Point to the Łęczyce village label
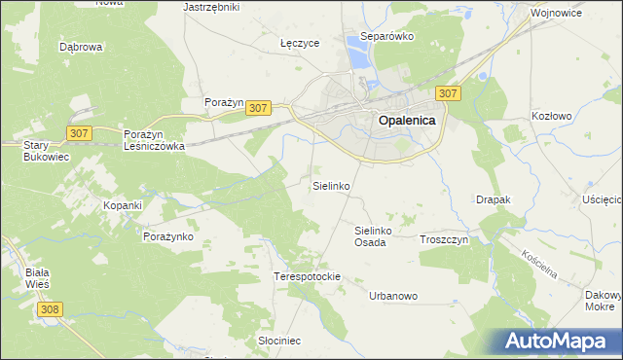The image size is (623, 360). point(300,44)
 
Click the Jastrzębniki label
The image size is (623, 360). point(211,6)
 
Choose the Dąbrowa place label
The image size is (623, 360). point(81,46)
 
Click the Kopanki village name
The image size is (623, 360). point(124,206)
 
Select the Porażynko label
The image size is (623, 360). point(171,236)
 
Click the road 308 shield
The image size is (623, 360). point(52,308)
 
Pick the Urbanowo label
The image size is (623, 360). point(393,296)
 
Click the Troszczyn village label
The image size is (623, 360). point(444,239)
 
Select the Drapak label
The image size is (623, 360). point(494,199)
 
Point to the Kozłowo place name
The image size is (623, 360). point(552,115)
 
